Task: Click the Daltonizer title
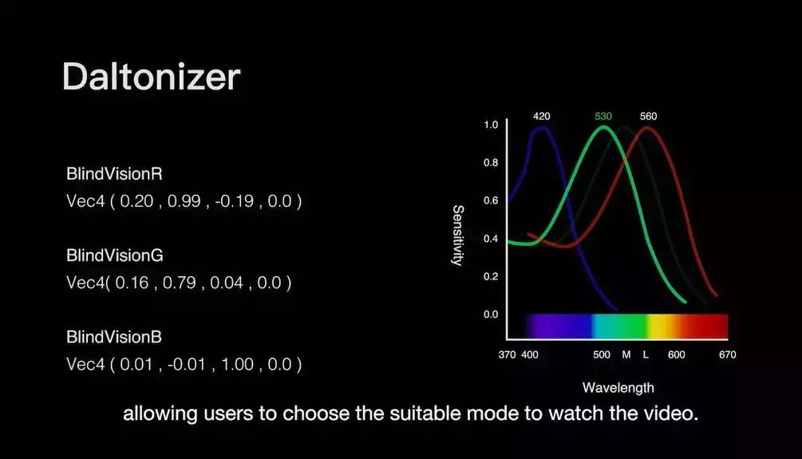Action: tap(152, 77)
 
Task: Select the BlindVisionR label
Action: tap(115, 174)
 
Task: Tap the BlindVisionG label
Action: tap(115, 255)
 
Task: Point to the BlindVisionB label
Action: tap(114, 337)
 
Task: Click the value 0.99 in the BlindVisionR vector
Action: tap(184, 201)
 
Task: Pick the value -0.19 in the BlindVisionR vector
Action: tap(235, 201)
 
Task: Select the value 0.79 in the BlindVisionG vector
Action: tap(179, 283)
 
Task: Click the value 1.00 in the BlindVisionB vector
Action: tap(237, 364)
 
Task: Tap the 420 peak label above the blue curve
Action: tap(542, 117)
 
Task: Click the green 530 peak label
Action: tap(603, 117)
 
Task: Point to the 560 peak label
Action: tap(649, 117)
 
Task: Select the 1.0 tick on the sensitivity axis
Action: tap(491, 125)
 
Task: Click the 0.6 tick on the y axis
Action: tap(491, 200)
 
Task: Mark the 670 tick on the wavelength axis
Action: tap(727, 354)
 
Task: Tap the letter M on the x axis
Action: tap(626, 354)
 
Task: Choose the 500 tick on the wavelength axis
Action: tap(602, 354)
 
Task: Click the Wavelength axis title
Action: tap(618, 388)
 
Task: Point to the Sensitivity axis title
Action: tap(458, 235)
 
